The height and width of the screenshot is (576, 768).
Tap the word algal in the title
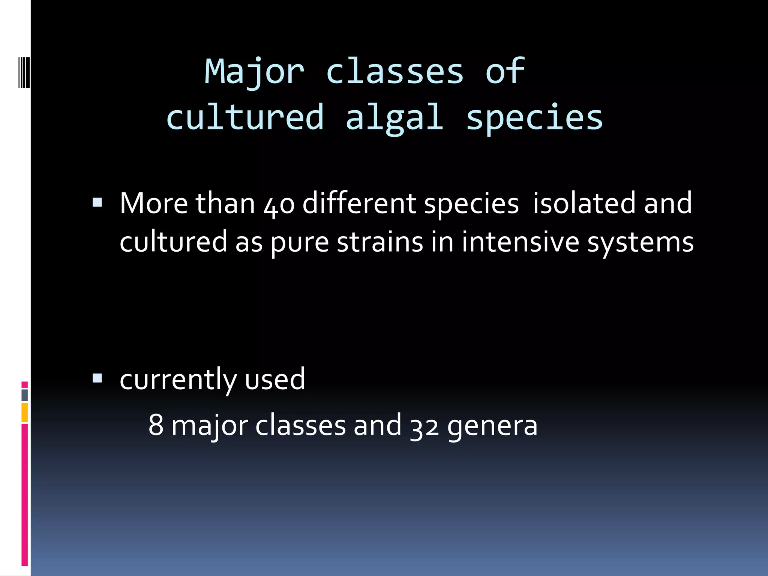click(x=394, y=118)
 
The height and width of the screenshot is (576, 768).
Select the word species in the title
click(x=534, y=118)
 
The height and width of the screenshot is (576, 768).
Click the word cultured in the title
click(x=245, y=118)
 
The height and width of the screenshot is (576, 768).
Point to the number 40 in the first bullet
click(x=279, y=204)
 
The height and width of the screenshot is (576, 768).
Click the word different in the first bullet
click(x=359, y=203)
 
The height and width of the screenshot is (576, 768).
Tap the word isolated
click(x=584, y=203)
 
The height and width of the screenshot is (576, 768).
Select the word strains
click(x=380, y=242)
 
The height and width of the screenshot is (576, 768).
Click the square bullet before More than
click(x=97, y=203)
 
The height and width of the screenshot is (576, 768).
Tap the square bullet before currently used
click(x=97, y=378)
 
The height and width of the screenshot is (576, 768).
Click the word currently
click(x=178, y=379)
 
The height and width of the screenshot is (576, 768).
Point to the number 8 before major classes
click(x=156, y=426)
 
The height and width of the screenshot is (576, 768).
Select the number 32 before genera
click(x=424, y=426)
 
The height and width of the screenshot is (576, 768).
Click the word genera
click(x=492, y=426)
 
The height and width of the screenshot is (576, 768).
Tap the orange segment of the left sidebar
click(x=25, y=412)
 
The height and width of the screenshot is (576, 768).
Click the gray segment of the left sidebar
click(x=25, y=395)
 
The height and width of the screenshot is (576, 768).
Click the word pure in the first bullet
click(x=299, y=243)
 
